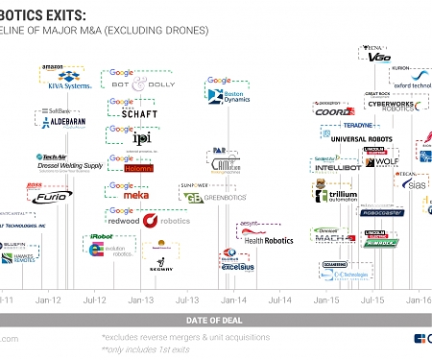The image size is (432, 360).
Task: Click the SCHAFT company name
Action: point(140,113)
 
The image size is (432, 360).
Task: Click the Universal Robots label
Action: point(362,138)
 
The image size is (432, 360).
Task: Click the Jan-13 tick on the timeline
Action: point(141,300)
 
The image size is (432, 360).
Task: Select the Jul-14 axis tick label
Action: point(280,300)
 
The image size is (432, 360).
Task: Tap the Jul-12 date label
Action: point(94,300)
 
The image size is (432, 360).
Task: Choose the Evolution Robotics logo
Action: point(104,248)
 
